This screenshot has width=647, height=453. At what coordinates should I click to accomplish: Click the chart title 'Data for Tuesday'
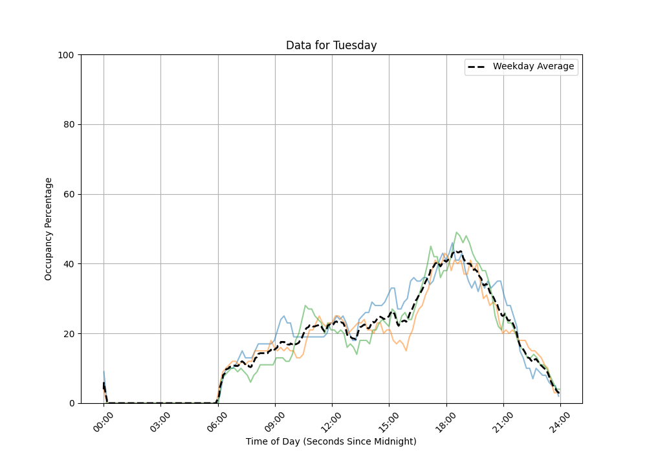click(x=331, y=45)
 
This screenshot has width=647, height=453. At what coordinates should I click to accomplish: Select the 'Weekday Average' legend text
click(x=533, y=67)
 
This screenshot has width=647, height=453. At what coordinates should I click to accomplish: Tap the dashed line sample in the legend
click(x=478, y=67)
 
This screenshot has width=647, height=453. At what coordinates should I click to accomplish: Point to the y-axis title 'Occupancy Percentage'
click(x=49, y=228)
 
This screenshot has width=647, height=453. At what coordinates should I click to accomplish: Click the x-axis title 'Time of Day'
click(x=331, y=441)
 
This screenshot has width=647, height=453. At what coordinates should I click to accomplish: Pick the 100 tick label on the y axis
click(x=66, y=55)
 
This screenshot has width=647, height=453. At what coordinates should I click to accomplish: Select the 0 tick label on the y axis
click(x=71, y=403)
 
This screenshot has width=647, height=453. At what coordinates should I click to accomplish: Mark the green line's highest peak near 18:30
click(x=457, y=232)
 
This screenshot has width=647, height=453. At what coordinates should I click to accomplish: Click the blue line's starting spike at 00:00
click(x=104, y=372)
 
